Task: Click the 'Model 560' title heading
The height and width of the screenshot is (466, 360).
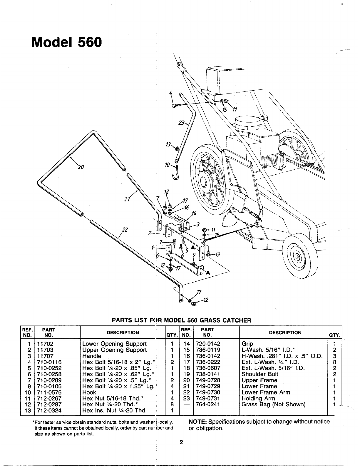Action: coord(67,42)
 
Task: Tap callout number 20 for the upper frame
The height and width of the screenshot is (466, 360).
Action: coord(81,167)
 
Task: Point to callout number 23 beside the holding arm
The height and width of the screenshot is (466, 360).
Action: coord(182,123)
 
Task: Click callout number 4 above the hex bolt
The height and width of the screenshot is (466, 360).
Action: coord(170,93)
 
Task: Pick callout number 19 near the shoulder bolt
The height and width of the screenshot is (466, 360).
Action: coord(217,255)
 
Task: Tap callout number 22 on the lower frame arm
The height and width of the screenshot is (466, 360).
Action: coord(125,230)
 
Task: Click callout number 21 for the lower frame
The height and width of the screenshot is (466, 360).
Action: coord(127,199)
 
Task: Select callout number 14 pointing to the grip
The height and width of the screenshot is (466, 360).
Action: coord(194,213)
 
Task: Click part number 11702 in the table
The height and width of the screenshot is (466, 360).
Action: coord(45,344)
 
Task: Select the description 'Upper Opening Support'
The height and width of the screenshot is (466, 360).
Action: coord(115,350)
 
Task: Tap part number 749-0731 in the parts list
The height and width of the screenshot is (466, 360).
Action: coord(208,398)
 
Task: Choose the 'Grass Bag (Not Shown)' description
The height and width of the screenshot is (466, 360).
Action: coord(273,405)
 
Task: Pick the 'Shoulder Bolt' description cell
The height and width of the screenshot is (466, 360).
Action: coord(260,374)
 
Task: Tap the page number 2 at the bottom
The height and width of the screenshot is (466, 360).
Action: coord(181,442)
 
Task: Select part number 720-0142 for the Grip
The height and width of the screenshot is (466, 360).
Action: coord(208,344)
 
